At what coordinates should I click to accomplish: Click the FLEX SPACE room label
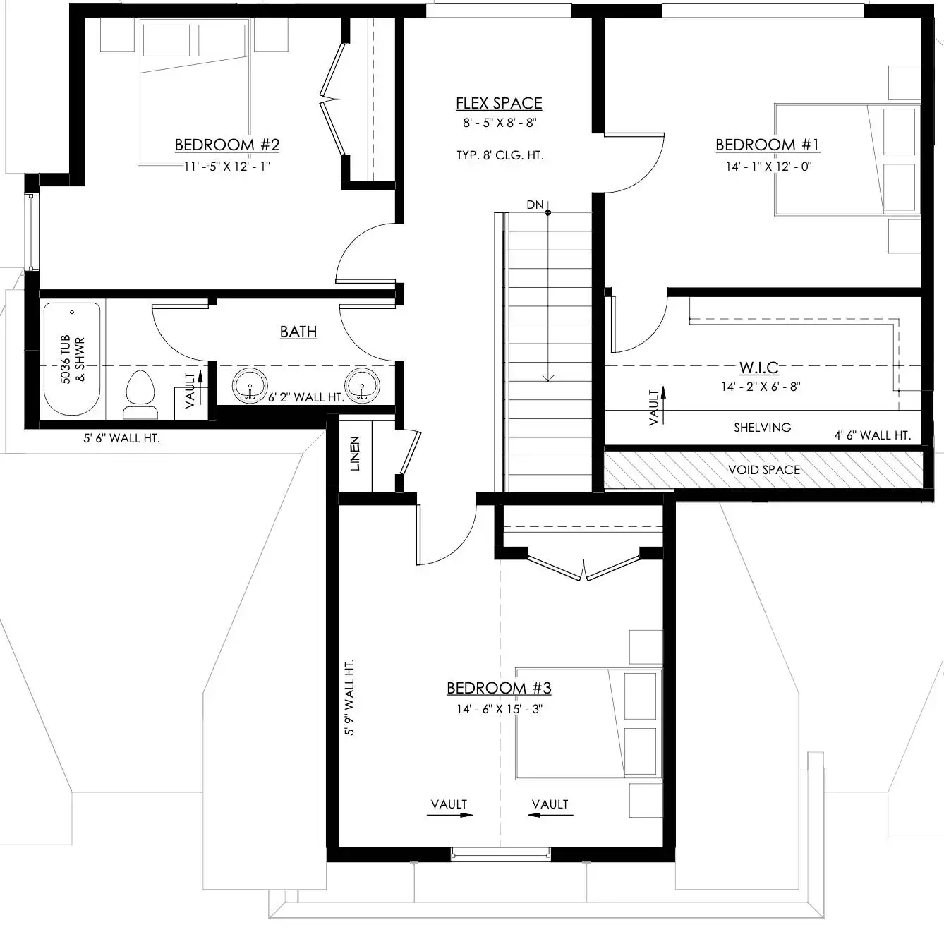point(499,104)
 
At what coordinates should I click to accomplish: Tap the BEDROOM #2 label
point(226,145)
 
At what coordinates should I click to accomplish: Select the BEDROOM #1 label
point(767,145)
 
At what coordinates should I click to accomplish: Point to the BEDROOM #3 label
point(499,689)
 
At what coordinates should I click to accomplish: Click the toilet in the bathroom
point(140,395)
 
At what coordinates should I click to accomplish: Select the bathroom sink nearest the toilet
point(250,385)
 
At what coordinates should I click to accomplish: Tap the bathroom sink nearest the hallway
point(362,385)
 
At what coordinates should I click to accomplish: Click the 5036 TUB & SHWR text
point(73,359)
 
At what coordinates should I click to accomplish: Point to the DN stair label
point(535,205)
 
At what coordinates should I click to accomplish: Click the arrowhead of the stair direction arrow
point(547,377)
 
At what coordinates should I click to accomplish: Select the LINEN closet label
point(355,454)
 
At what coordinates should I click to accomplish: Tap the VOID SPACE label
point(763,470)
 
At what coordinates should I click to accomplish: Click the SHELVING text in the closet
point(762,428)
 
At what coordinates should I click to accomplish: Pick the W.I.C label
point(759,368)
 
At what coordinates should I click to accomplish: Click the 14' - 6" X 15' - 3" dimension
point(500,709)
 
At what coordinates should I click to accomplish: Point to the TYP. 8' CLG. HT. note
point(500,155)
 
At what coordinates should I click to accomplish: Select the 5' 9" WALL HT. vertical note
point(349,697)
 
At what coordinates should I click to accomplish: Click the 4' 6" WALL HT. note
point(873,435)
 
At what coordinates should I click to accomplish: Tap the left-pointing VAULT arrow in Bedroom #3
point(550,815)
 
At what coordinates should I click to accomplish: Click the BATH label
point(298,332)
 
